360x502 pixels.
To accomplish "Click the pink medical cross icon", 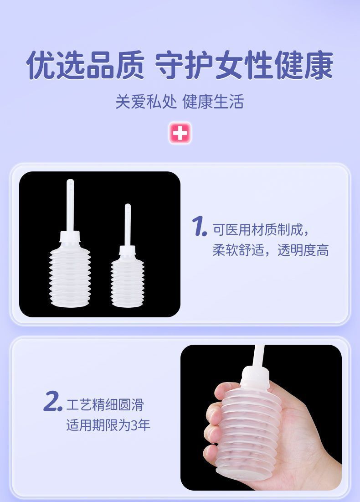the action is point(180,132).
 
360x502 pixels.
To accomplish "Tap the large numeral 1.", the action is point(199,226).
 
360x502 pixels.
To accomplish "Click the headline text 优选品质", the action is point(85,65).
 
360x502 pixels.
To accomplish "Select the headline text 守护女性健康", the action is point(244,65).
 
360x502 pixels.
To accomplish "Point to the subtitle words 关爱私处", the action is point(146,102).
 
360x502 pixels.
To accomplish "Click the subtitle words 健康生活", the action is point(213,102).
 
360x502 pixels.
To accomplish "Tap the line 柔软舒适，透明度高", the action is point(271,250).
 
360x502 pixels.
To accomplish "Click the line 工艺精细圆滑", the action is point(105,405).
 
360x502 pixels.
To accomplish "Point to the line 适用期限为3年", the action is point(108,425).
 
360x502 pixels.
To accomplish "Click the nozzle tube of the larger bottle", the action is point(70,205).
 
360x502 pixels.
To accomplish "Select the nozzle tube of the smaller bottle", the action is point(128,225).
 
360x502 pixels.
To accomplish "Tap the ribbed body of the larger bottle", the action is point(70,275).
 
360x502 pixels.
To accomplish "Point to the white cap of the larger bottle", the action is point(70,236).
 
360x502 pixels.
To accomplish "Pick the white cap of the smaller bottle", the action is point(128,250).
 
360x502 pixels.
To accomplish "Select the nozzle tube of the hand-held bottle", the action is point(259,356).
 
